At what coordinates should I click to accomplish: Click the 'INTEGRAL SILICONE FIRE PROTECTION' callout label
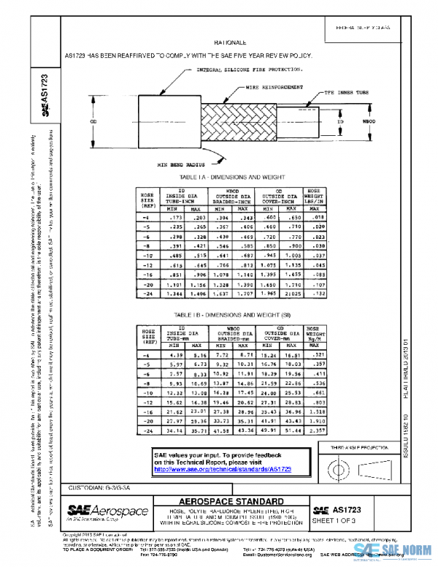point(249,70)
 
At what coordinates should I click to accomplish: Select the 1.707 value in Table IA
point(250,294)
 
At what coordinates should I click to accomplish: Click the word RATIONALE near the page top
point(234,44)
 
